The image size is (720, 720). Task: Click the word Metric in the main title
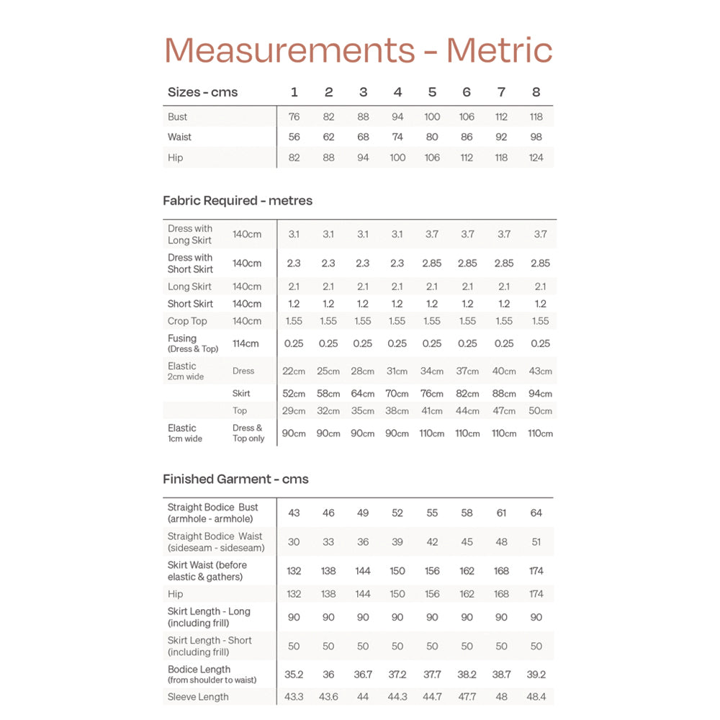[x=499, y=50]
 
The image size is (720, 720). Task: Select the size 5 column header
[x=432, y=92]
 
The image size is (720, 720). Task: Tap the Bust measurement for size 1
[x=294, y=117]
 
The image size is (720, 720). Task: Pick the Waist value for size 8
[x=536, y=137]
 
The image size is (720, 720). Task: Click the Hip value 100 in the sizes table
[x=397, y=158]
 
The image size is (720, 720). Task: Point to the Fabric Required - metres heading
[x=238, y=201]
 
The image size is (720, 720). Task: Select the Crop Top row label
[x=187, y=321]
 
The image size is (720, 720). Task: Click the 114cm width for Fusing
[x=246, y=343]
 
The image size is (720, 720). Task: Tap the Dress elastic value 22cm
[x=294, y=372]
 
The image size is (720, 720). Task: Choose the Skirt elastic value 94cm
[x=540, y=394]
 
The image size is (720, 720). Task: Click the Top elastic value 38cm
[x=397, y=411]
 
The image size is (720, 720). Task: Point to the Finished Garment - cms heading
[x=235, y=480]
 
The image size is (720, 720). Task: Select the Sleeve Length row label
[x=198, y=697]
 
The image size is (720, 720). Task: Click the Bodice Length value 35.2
[x=294, y=675]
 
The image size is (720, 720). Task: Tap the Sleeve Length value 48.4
[x=536, y=697]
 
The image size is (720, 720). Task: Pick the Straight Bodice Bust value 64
[x=536, y=513]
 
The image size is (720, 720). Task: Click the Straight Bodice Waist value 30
[x=294, y=542]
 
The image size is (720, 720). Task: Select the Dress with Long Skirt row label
[x=190, y=235]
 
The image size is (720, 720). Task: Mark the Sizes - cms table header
[x=202, y=92]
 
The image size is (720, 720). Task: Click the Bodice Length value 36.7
[x=363, y=675]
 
